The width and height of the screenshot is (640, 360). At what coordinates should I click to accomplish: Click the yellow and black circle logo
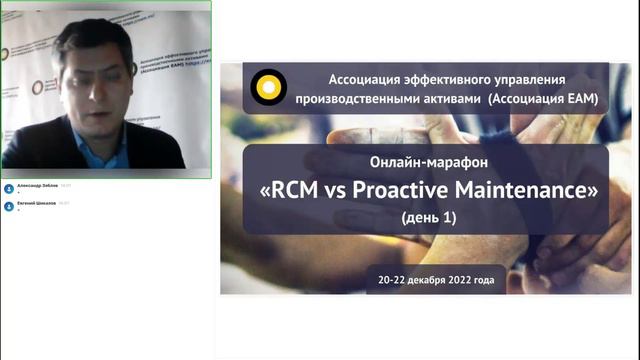(x=267, y=87)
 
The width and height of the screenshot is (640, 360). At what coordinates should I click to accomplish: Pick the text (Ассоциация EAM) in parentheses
(x=541, y=99)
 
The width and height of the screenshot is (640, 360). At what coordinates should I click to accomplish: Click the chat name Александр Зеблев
(x=37, y=186)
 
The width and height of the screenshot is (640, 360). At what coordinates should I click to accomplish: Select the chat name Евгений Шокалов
(x=37, y=204)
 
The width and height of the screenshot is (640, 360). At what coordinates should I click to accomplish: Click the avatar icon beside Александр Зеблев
(x=9, y=189)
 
